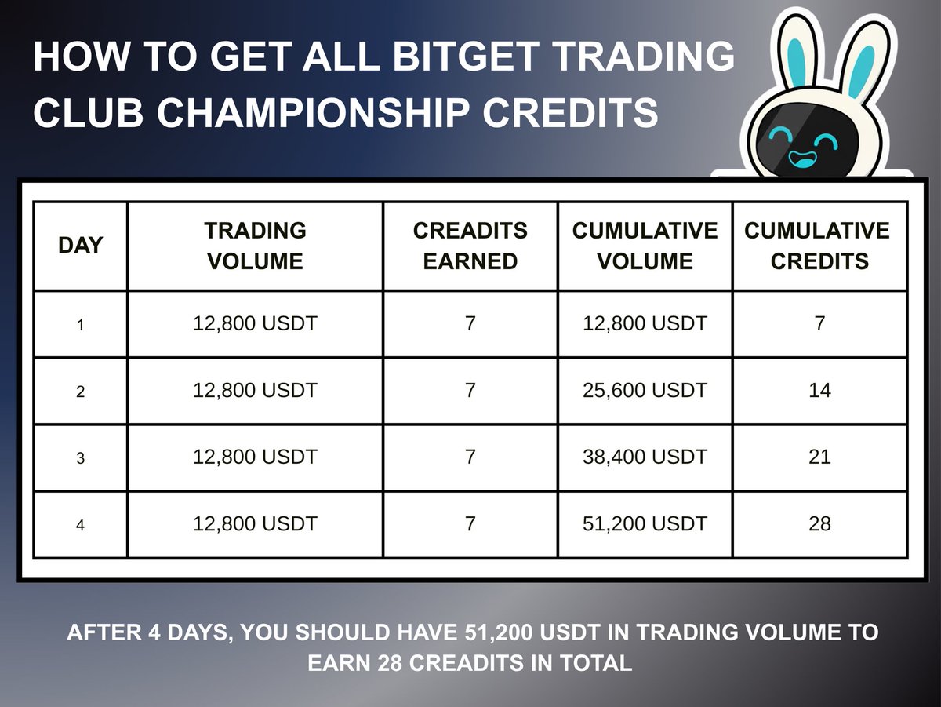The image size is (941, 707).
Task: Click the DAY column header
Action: click(x=80, y=246)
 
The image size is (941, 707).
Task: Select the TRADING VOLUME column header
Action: click(x=255, y=246)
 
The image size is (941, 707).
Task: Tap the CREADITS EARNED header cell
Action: click(x=470, y=246)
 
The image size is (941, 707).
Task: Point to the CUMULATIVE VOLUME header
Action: click(x=645, y=246)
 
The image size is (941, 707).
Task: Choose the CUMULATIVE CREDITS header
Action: click(x=819, y=246)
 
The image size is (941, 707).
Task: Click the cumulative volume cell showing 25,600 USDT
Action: click(x=645, y=390)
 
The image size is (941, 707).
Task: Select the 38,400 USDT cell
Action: click(x=645, y=457)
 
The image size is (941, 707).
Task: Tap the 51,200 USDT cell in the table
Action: click(x=645, y=523)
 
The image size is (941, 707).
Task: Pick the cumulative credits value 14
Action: click(x=819, y=390)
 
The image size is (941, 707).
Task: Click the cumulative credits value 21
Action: click(x=819, y=457)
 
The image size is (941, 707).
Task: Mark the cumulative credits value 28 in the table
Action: click(x=819, y=523)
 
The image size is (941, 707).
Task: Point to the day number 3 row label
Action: click(x=80, y=458)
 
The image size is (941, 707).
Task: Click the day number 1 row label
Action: click(x=80, y=324)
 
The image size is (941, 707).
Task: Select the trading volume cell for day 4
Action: click(x=255, y=523)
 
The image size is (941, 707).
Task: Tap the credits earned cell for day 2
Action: click(x=470, y=390)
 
